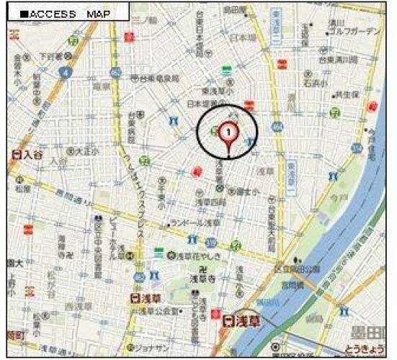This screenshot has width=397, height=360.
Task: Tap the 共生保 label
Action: pos(347,94)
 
